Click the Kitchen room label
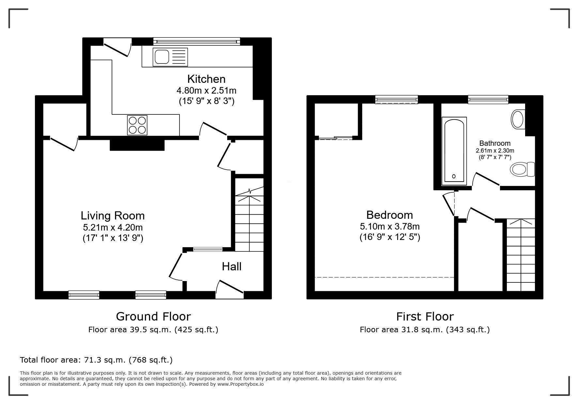coord(206,79)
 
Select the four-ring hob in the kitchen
coord(137,125)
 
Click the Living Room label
coord(113,216)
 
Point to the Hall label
coord(232,266)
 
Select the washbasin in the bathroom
coord(518,119)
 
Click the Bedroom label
coord(390,215)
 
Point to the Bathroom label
coord(495,143)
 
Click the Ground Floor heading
coord(153,316)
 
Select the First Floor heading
coord(425,316)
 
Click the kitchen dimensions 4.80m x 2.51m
coord(207,90)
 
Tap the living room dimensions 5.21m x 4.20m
coord(113,227)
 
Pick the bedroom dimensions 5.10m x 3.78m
coord(390,226)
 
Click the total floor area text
coord(96,360)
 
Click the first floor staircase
coord(521,255)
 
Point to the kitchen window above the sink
coord(197,41)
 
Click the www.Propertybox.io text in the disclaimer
coord(241,384)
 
